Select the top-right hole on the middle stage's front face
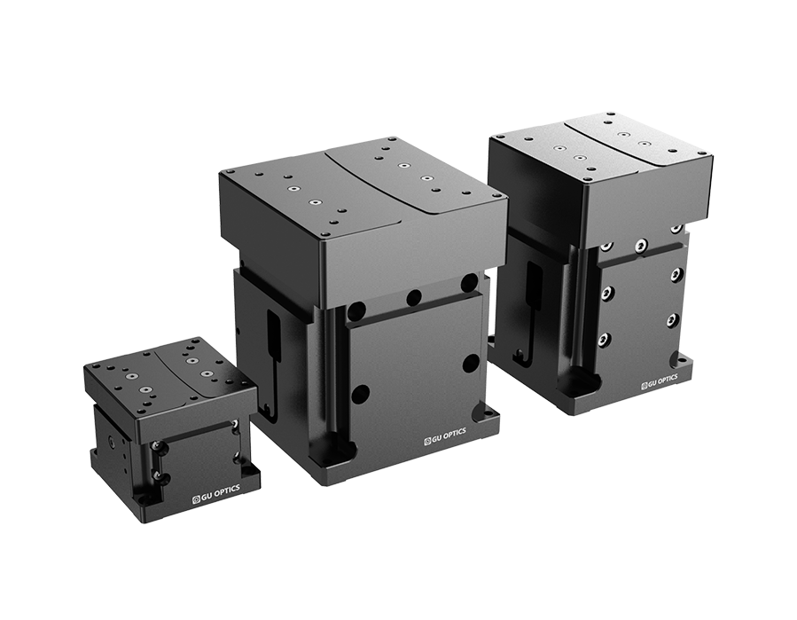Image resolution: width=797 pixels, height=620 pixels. (467, 282)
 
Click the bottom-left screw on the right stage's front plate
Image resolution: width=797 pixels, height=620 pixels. (606, 339)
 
